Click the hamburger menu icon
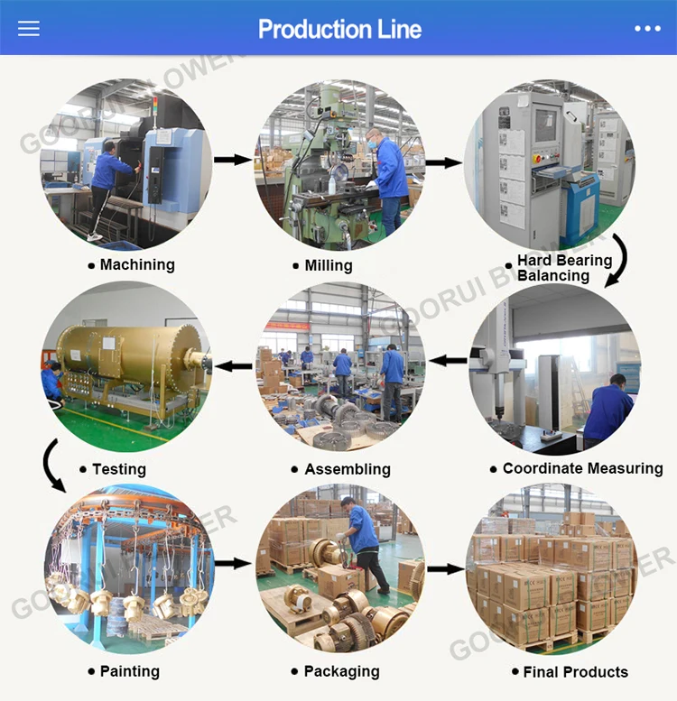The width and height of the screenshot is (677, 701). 29,28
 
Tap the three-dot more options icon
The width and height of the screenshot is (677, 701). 647,28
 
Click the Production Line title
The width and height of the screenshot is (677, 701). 339,29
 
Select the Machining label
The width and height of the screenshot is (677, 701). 136,264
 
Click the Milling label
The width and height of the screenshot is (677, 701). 327,265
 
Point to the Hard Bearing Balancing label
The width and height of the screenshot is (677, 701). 563,267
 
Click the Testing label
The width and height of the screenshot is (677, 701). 118,469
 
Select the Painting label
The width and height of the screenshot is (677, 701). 129,671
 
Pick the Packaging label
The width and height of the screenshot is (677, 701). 341,671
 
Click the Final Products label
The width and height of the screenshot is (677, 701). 575,671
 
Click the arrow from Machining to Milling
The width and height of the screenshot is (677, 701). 233,160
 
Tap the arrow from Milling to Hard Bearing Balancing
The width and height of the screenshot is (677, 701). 443,163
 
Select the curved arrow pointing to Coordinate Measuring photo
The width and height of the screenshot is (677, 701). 617,260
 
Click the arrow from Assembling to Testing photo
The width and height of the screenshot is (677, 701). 235,365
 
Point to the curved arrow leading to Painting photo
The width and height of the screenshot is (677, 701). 52,466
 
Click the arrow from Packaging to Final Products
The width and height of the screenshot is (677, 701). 445,568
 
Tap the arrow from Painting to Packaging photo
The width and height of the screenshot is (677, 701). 233,563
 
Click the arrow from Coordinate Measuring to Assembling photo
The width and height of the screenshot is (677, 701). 448,361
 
